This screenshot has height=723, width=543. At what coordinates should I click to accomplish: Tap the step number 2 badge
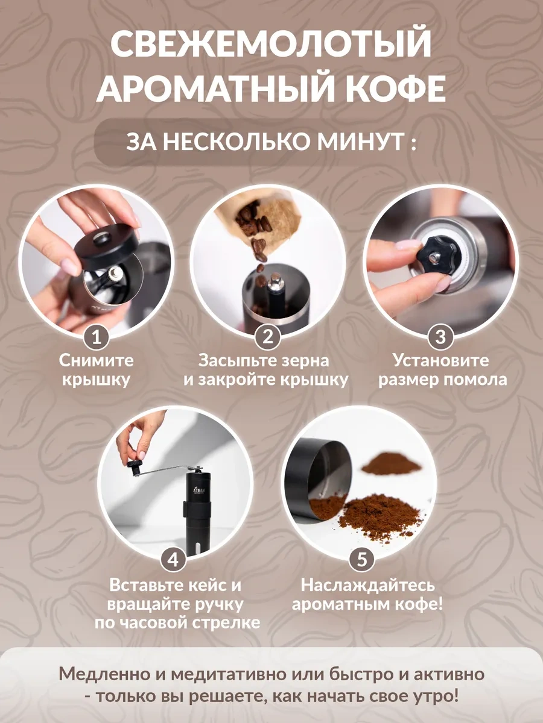267,337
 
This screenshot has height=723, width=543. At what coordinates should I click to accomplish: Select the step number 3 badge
440,337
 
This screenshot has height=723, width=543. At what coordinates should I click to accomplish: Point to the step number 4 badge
173,560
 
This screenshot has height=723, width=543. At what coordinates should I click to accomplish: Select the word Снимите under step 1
97,361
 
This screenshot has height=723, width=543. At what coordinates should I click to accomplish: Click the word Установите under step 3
440,361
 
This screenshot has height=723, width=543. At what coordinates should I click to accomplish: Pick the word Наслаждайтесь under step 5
367,585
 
